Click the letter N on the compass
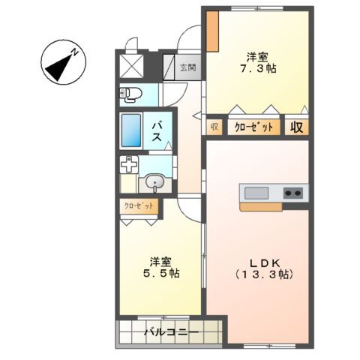click(x=76, y=51)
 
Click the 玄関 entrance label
click(x=188, y=67)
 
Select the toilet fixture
click(x=130, y=94)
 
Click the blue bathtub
click(x=132, y=132)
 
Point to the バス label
click(x=159, y=132)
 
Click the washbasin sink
click(x=156, y=181)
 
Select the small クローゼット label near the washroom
click(x=139, y=205)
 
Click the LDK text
click(x=265, y=262)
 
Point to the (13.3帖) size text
click(x=265, y=274)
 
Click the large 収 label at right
click(x=298, y=127)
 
